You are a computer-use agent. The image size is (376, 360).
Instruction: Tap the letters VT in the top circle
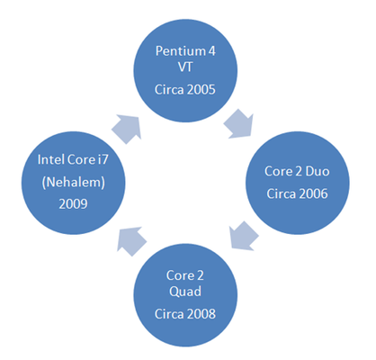tap(185, 67)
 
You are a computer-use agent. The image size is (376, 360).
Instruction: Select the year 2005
tap(200, 89)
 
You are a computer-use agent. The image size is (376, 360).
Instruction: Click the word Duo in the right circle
tap(318, 171)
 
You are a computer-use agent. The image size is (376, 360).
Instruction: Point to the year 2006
tap(313, 193)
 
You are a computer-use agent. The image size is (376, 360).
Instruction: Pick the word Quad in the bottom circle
tap(185, 292)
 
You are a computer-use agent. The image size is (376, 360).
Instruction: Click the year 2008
tap(200, 314)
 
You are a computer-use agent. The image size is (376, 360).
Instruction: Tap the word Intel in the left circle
tap(51, 159)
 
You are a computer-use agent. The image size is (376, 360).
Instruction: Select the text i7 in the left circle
tap(103, 159)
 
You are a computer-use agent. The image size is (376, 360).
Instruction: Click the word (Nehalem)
tap(74, 183)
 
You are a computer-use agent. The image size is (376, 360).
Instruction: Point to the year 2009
tap(73, 204)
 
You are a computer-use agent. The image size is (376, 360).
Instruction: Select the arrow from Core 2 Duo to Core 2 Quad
tap(244, 236)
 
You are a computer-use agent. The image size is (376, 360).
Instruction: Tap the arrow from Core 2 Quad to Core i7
tap(131, 241)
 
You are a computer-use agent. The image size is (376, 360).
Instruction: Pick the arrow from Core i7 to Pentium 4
tap(127, 129)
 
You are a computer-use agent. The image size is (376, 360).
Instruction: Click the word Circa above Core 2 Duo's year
tap(281, 193)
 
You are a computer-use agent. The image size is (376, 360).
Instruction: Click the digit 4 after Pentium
tap(211, 51)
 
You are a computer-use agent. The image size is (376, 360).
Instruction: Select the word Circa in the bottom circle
tap(168, 314)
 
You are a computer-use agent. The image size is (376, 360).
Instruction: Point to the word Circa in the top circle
tap(168, 89)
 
